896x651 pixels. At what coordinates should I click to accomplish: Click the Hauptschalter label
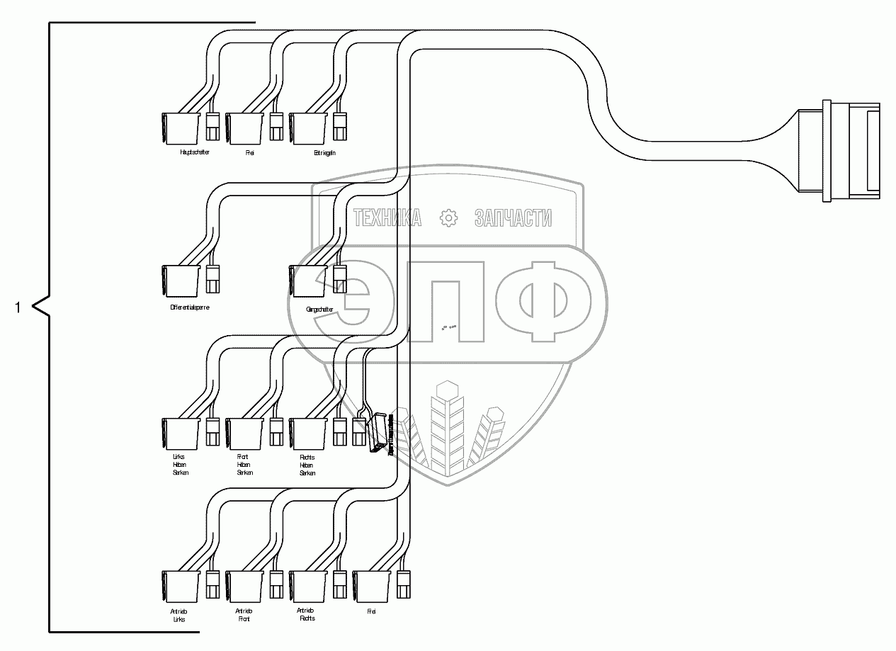pos(195,152)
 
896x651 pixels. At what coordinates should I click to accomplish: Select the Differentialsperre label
pos(190,307)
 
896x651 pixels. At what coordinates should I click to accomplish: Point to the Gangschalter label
pos(319,309)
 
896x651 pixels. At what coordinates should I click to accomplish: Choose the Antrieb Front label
pos(244,615)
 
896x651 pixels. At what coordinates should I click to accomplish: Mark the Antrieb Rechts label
pos(307,614)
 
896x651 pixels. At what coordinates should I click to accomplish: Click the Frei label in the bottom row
pos(371,611)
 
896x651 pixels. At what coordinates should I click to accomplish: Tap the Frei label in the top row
pos(250,152)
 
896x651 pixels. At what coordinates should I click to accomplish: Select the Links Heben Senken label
pos(181,465)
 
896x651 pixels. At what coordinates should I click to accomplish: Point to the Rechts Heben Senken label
pos(307,465)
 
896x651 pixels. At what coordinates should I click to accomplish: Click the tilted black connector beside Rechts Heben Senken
pos(379,432)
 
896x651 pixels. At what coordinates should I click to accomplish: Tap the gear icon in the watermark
pos(448,218)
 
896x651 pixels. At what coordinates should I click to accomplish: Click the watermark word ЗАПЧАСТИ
pos(513,218)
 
